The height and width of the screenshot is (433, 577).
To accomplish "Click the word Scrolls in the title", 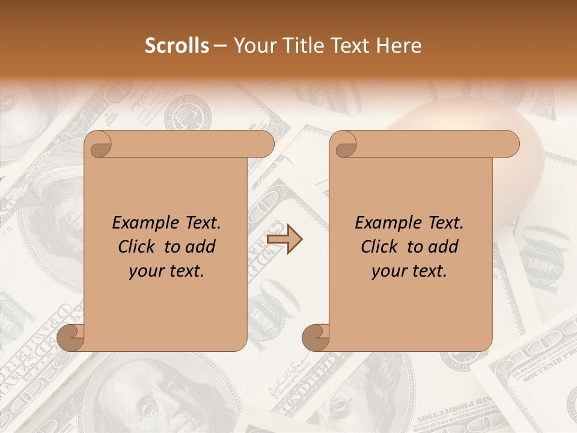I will (x=177, y=46).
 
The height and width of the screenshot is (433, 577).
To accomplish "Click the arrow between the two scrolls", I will (x=285, y=240).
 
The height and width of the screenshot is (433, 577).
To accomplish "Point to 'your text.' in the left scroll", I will (x=166, y=271).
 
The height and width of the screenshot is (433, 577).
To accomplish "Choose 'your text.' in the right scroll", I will (x=409, y=271).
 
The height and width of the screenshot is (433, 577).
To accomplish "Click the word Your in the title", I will (x=253, y=46).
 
